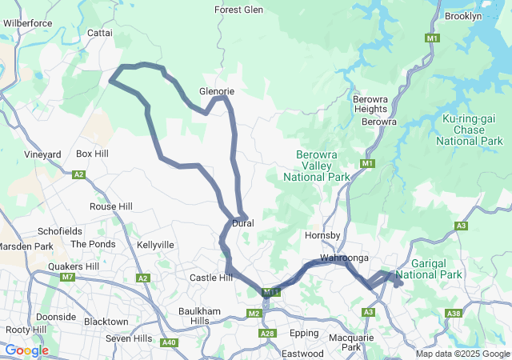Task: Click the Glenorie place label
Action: [218, 91]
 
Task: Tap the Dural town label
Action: [243, 223]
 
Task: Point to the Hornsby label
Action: [323, 235]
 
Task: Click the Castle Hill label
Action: [210, 278]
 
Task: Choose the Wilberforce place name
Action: [27, 23]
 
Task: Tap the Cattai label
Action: [100, 34]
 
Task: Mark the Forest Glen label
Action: [238, 10]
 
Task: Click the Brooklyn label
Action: [462, 16]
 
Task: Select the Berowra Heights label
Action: [370, 104]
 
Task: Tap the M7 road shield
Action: [67, 278]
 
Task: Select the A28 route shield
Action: [267, 333]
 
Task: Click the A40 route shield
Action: [169, 342]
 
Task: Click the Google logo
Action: [26, 350]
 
